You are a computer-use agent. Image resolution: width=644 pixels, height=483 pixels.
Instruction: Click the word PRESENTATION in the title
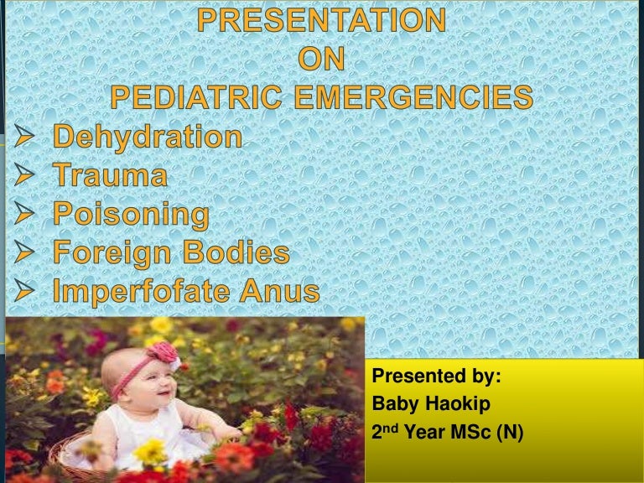322,20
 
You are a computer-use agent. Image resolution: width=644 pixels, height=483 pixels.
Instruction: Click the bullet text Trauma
110,176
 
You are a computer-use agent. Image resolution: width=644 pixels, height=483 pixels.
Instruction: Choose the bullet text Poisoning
131,215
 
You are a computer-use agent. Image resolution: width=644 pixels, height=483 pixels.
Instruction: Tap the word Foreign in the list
116,253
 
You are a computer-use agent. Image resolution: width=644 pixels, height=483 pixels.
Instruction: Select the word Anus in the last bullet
281,292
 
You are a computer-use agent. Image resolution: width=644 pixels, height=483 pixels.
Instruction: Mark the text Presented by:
436,377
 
